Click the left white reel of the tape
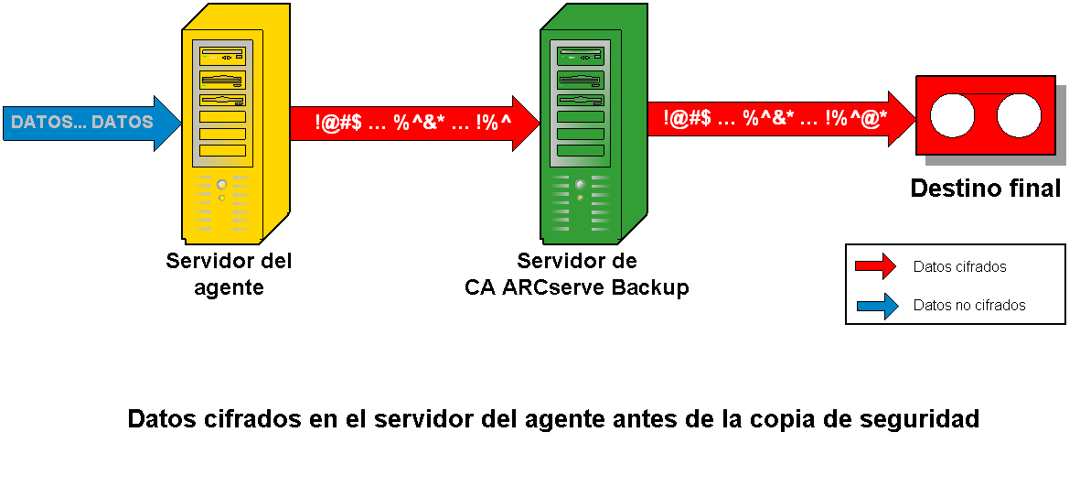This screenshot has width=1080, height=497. click(x=953, y=116)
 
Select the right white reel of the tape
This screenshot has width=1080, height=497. click(x=1019, y=116)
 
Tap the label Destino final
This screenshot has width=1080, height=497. click(x=985, y=189)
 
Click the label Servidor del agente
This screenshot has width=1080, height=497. click(x=229, y=274)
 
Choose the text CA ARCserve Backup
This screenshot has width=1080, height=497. click(x=576, y=287)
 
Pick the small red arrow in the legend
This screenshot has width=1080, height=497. click(x=875, y=266)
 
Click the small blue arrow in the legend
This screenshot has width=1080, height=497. click(x=875, y=305)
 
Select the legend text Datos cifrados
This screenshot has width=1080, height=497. click(x=959, y=267)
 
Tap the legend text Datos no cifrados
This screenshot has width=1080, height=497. click(x=969, y=305)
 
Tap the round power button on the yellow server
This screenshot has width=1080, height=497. click(x=221, y=184)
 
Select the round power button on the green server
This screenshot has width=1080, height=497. click(x=580, y=184)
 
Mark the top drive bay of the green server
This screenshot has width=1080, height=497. click(x=580, y=57)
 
